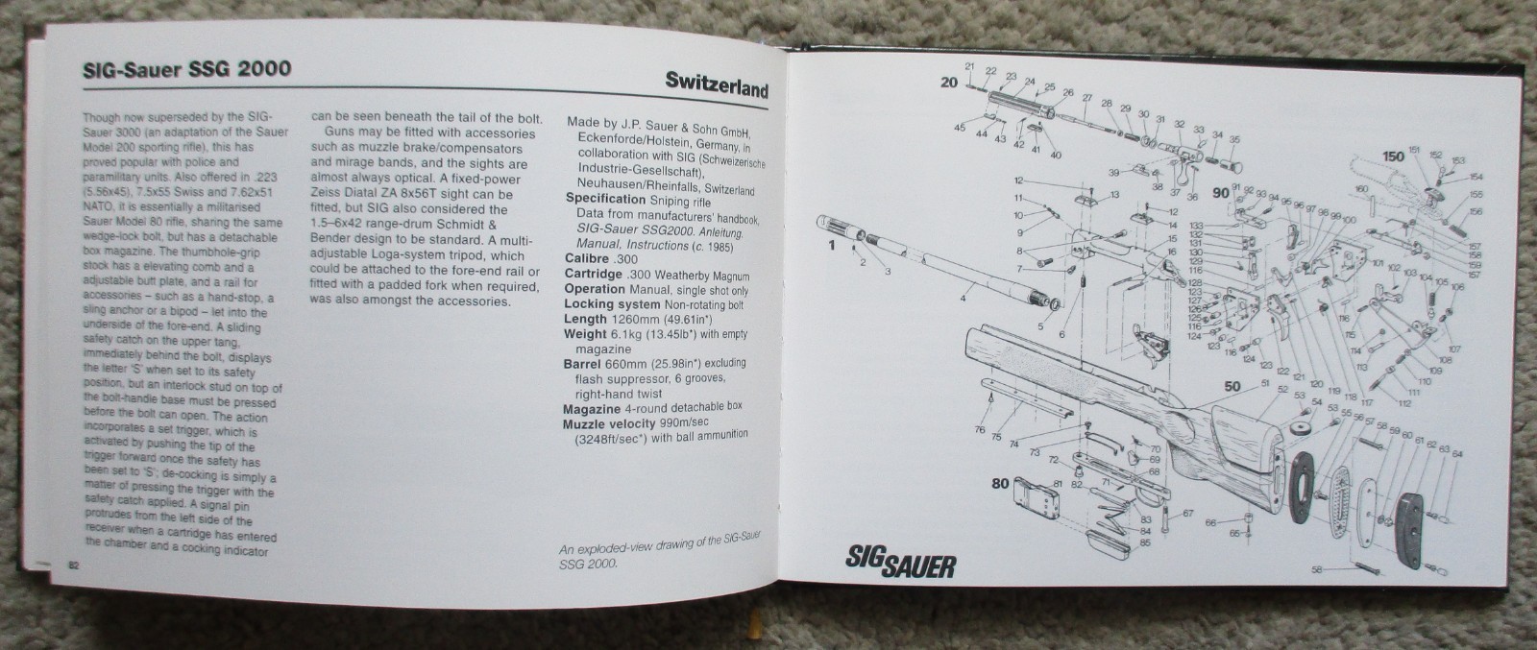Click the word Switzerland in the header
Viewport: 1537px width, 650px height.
point(716,88)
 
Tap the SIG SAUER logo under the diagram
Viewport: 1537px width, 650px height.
point(900,561)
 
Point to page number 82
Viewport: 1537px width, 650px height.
point(72,565)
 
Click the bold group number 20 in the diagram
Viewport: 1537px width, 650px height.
point(949,83)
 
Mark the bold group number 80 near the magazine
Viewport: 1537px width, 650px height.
point(1000,483)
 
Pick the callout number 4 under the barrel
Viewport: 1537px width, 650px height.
point(962,300)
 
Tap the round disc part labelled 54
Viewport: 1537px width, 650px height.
point(1304,429)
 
